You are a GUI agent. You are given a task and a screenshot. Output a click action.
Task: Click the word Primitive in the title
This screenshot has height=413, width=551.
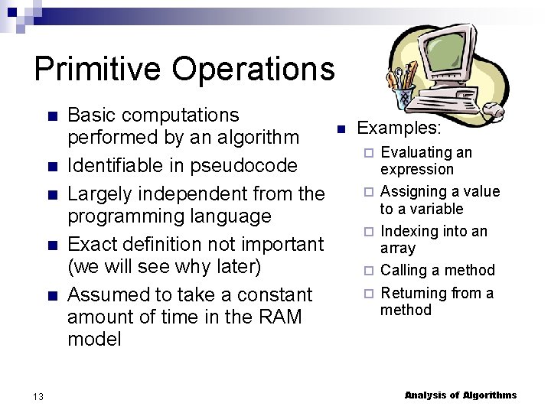(x=97, y=69)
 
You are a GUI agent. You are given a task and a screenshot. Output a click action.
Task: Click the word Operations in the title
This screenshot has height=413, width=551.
(x=253, y=69)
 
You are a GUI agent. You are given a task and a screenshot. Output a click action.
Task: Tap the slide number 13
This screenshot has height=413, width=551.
(x=38, y=395)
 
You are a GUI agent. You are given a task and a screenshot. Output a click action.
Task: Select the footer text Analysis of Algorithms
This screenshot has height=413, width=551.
(x=460, y=395)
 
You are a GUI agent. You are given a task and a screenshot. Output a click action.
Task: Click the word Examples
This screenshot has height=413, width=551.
(x=399, y=128)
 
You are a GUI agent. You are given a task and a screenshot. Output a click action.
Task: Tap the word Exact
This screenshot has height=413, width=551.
(x=91, y=244)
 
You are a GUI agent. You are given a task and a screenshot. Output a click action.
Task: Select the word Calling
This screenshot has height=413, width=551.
(x=406, y=270)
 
